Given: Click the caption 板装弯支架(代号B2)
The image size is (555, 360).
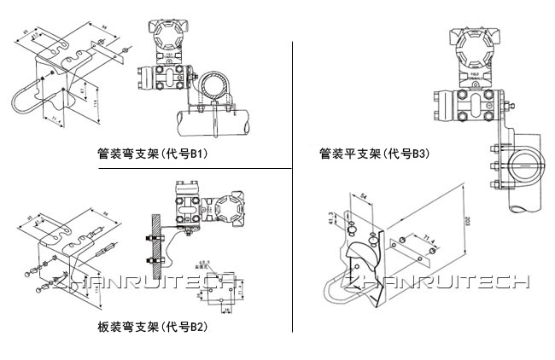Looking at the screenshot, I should point(153,326).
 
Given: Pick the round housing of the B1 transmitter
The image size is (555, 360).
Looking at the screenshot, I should point(166,36).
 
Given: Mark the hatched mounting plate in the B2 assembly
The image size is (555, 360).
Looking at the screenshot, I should point(155,235).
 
